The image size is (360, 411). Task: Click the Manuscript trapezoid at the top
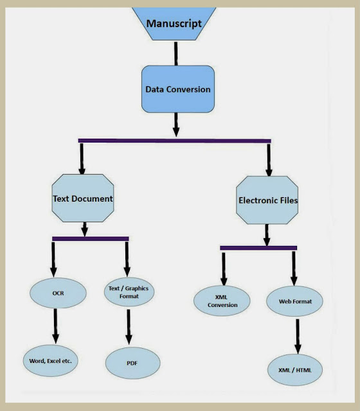[x=174, y=24]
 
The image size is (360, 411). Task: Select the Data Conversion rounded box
[x=178, y=89]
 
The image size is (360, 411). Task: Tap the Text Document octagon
[x=83, y=198]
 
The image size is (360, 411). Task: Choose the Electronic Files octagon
[x=267, y=200]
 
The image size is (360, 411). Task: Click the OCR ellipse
[x=58, y=293]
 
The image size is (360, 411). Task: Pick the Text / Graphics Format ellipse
[x=129, y=292]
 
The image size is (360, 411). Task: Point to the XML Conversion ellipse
[x=222, y=301]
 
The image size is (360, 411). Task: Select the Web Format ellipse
[x=294, y=301]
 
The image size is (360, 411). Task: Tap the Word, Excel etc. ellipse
[x=50, y=361]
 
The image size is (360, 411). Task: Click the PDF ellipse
[x=133, y=363]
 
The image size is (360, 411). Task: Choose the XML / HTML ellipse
[x=295, y=370]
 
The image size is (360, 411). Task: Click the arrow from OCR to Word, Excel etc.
[x=55, y=326]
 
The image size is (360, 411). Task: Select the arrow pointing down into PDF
[x=129, y=327]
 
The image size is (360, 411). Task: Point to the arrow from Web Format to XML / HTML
[x=298, y=337]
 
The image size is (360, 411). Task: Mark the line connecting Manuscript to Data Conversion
[x=175, y=53]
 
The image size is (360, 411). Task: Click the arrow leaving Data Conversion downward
[x=176, y=125]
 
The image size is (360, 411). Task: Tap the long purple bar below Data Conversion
[x=174, y=141]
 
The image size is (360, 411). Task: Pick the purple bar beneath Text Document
[x=91, y=239]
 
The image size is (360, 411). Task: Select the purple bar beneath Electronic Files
[x=258, y=248]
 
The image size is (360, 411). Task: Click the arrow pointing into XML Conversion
[x=224, y=269]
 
